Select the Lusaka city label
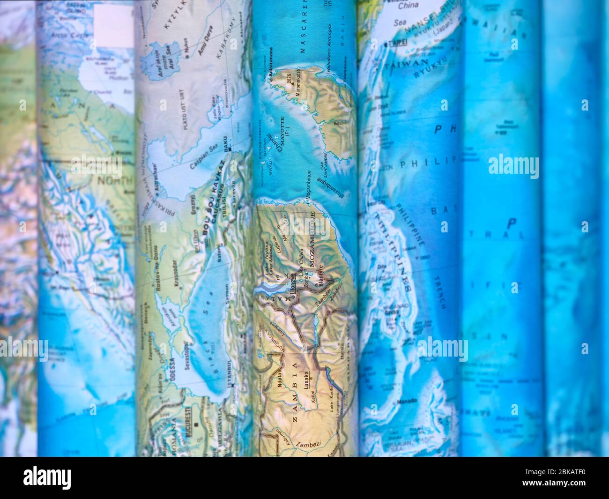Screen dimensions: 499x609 click(307, 378)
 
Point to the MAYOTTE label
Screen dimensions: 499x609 click(282, 126)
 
